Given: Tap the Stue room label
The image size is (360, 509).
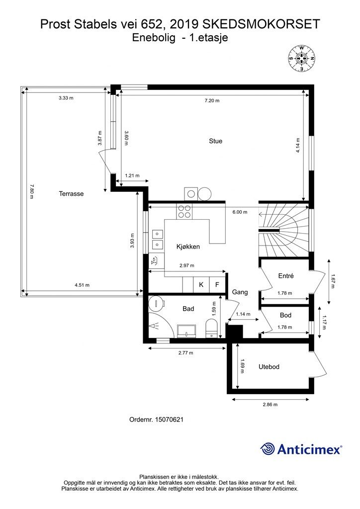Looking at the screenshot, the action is coord(215,141).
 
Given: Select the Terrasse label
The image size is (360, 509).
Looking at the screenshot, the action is coord(71,194).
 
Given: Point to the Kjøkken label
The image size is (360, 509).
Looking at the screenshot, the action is coord(188,247).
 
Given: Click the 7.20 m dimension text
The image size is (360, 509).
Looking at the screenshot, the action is coord(212,100).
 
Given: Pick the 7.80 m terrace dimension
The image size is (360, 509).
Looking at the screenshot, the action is coord(31,191).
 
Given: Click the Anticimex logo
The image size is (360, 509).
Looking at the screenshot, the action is coord(301,449).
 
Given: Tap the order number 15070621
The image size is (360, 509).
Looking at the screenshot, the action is coord(169,420).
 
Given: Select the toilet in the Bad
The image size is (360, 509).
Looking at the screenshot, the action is coord(212,328).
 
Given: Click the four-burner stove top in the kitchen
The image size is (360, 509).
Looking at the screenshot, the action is coord(184,211).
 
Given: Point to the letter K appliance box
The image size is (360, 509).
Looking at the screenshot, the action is coord(201,285).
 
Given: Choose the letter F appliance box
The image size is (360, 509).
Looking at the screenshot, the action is coord(217,285).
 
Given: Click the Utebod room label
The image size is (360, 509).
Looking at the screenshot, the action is coord(269,367).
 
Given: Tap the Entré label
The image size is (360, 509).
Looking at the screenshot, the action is coord(286,276).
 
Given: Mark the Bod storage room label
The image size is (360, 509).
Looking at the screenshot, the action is coord(285,315).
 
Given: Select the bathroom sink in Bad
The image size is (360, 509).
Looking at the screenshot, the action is coord(186,331).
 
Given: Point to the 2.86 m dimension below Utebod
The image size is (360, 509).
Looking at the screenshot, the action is coord(270,405).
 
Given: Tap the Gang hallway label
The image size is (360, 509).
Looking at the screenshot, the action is coord(240,292).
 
